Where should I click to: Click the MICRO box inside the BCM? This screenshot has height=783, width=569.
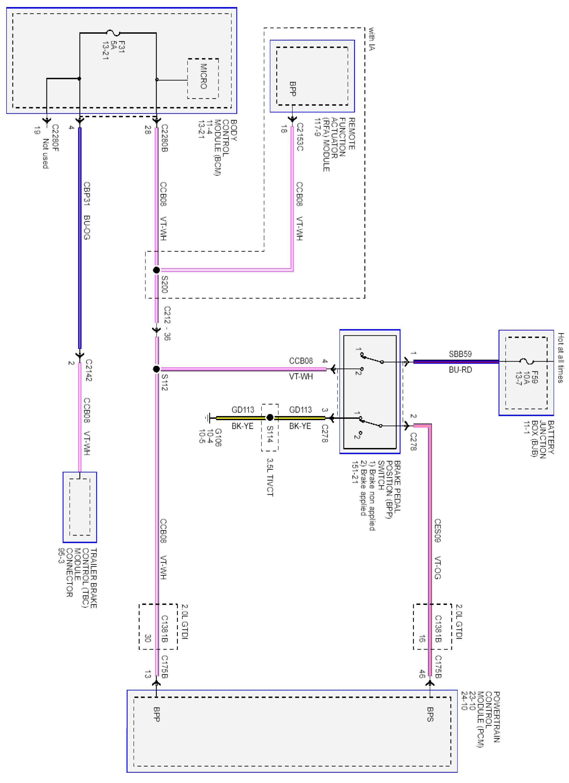tap(203, 78)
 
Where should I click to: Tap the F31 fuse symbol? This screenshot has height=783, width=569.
tap(113, 33)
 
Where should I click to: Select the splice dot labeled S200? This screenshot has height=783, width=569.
tap(156, 270)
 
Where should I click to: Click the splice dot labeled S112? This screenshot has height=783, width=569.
tap(156, 369)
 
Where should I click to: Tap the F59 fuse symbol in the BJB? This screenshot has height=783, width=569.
tap(526, 361)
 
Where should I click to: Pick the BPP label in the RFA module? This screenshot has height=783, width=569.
tap(292, 89)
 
